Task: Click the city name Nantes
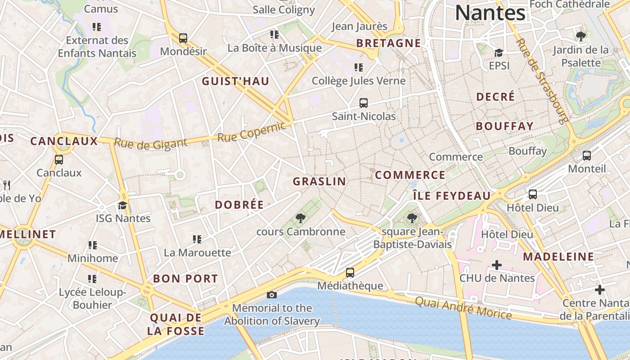(490, 13)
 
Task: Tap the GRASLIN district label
(319, 181)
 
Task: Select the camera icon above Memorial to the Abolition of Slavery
(271, 295)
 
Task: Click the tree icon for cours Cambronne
(300, 219)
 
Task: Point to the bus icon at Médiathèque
(350, 273)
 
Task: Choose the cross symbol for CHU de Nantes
(496, 265)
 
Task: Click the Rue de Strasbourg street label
(542, 81)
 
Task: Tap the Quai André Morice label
(463, 308)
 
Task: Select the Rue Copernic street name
(252, 131)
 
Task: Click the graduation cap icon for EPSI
(498, 53)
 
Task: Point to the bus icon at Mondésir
(183, 38)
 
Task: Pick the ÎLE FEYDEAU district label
(452, 196)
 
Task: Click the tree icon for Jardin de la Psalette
(580, 36)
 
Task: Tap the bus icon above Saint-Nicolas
(364, 103)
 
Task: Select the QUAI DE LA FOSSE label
(175, 324)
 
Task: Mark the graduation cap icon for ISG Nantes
(122, 206)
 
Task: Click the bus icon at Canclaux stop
(58, 160)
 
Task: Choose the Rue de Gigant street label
(150, 144)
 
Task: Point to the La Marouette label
(197, 252)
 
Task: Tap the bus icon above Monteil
(587, 156)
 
